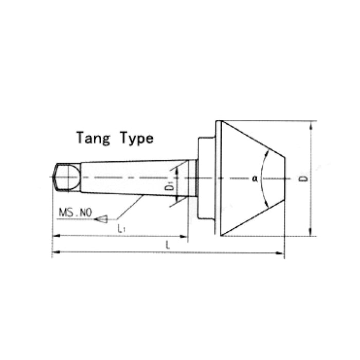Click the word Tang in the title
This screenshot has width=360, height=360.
pos(93,138)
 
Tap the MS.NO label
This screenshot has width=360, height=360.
pos(76,212)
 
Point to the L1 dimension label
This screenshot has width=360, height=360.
pos(121,228)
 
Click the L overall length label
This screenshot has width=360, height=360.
pos(168,245)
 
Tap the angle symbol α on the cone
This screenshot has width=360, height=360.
pos(255,178)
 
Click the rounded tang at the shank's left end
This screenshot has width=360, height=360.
pos(66,177)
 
